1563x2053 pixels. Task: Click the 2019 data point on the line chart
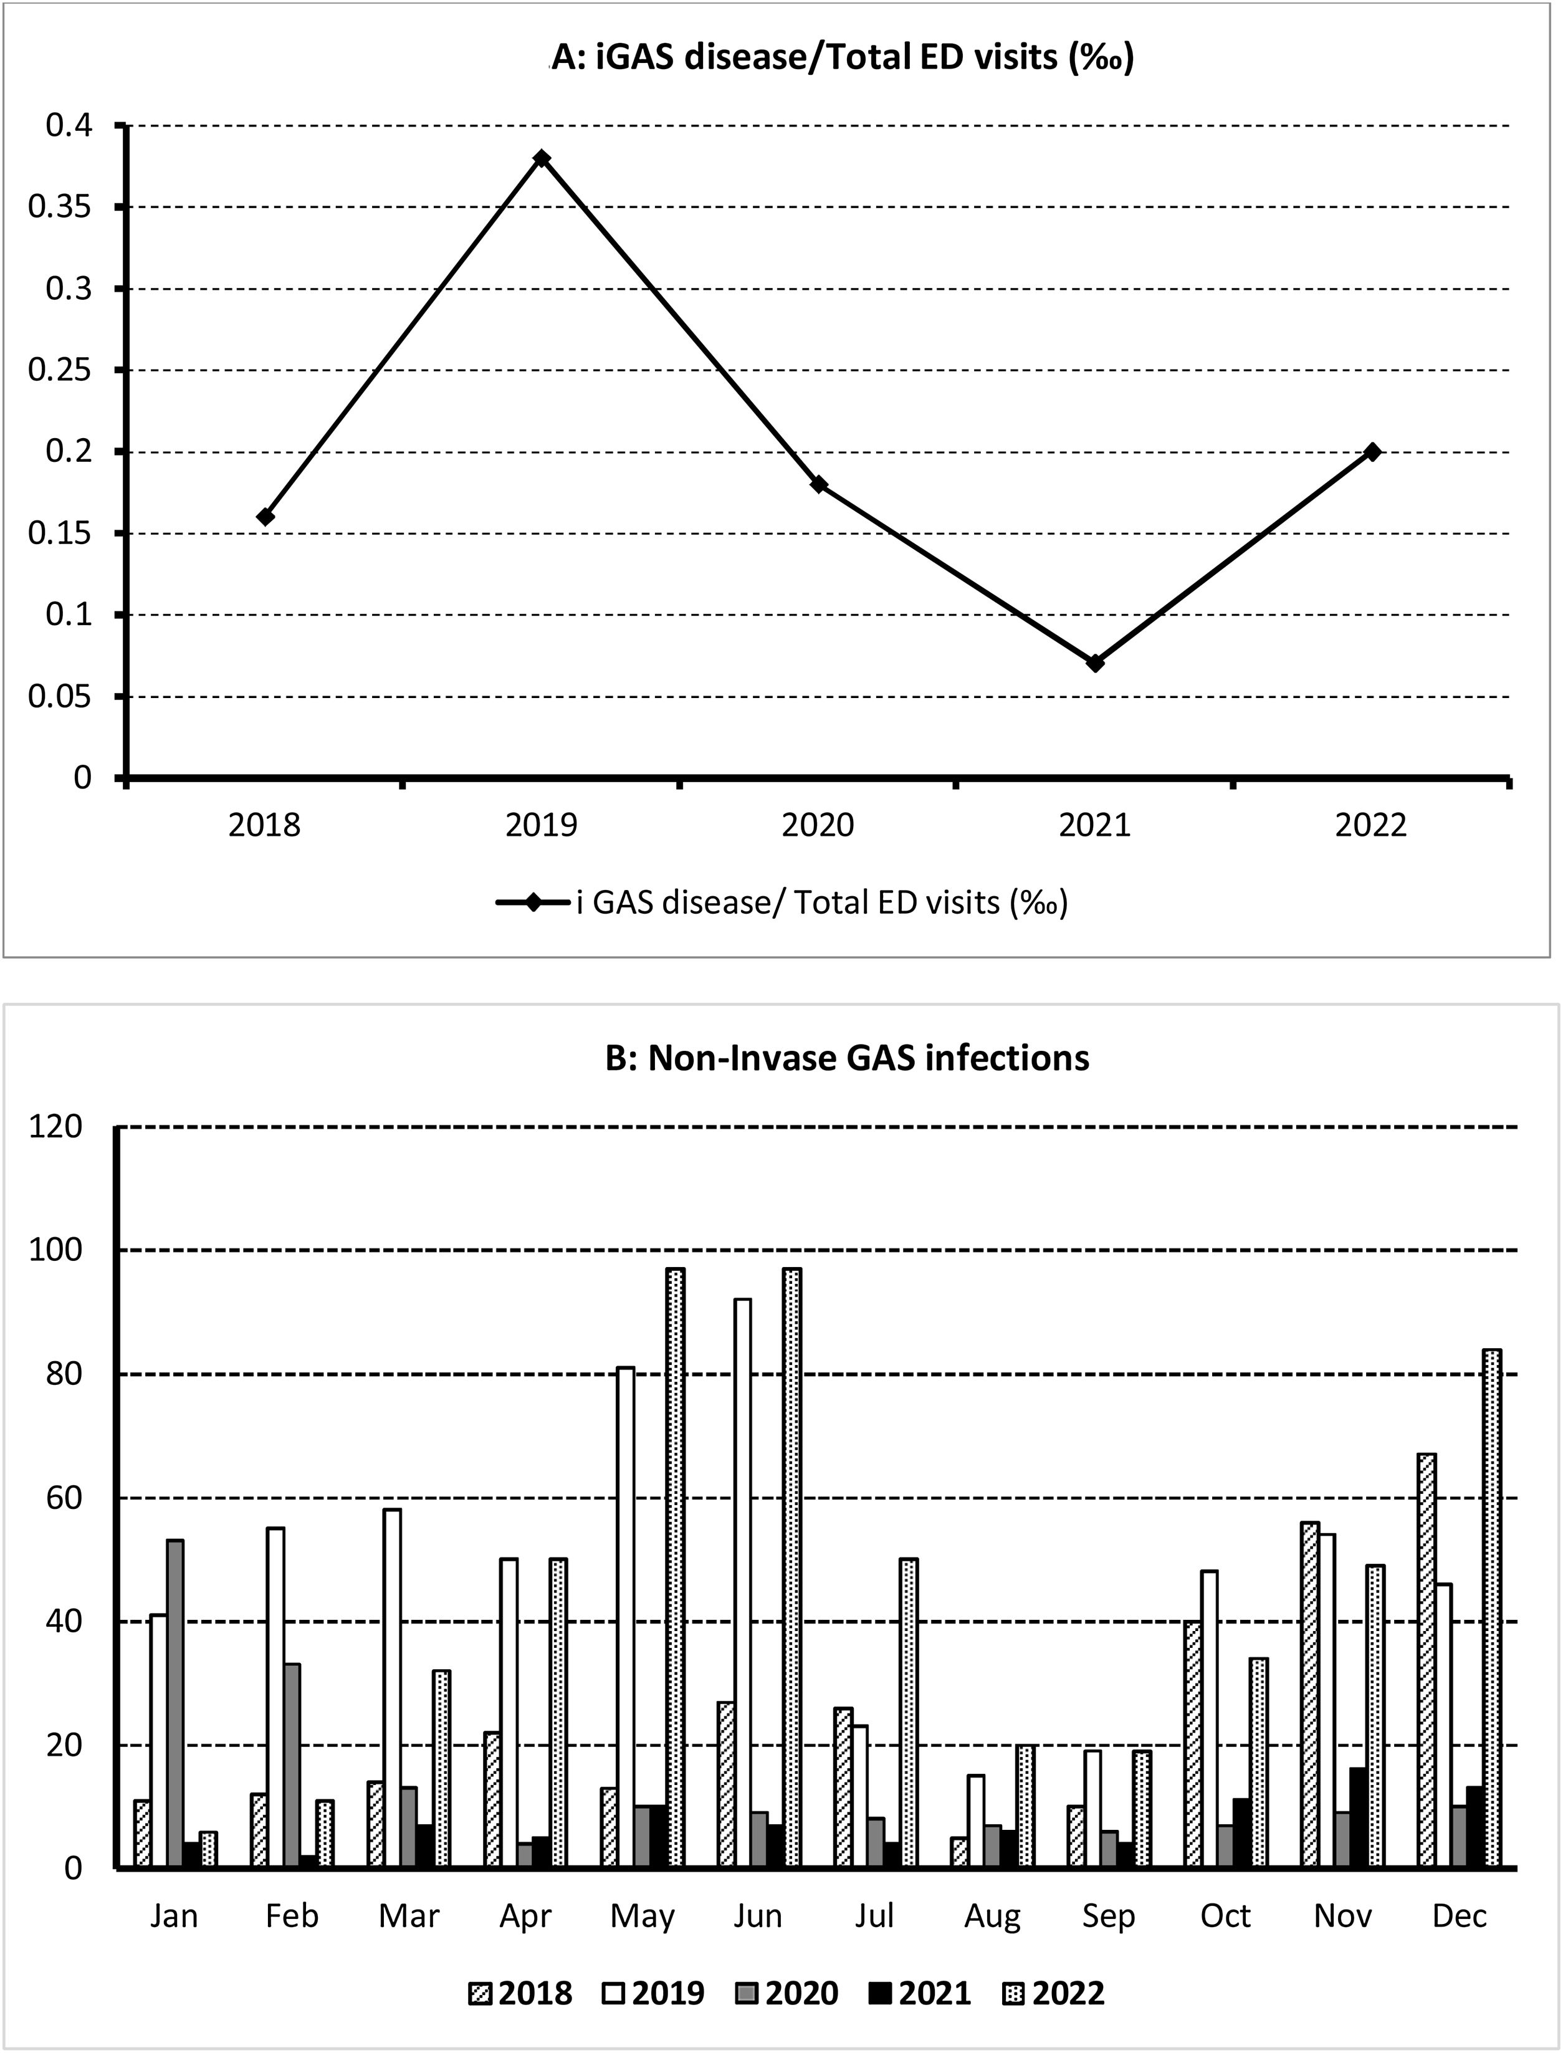pyautogui.click(x=542, y=158)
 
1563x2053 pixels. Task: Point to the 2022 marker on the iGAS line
pyautogui.click(x=1371, y=451)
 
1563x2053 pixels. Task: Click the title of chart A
pyautogui.click(x=842, y=58)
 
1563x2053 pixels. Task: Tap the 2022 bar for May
pyautogui.click(x=676, y=1568)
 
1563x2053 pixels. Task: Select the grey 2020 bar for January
pyautogui.click(x=175, y=1704)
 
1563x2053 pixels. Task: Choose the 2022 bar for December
pyautogui.click(x=1493, y=1609)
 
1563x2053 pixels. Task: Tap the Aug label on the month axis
pyautogui.click(x=992, y=1917)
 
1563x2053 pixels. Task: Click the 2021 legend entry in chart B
pyautogui.click(x=920, y=1993)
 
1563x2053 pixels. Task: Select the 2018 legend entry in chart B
pyautogui.click(x=521, y=1993)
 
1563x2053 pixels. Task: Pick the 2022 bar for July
pyautogui.click(x=909, y=1713)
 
